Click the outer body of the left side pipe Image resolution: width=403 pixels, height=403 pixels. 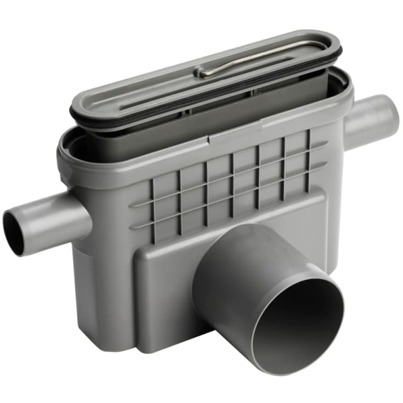(55, 217)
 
